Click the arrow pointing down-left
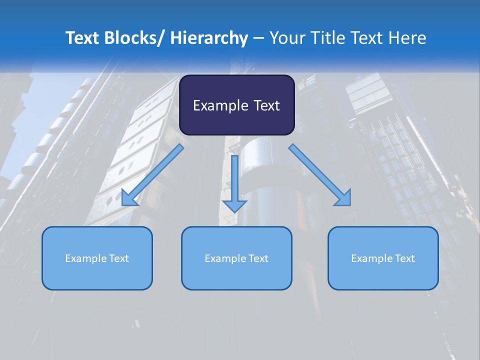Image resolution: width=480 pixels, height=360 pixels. point(153,175)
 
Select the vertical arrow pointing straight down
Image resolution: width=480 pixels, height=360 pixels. point(234,182)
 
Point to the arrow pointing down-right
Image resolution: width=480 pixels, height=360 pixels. point(320,175)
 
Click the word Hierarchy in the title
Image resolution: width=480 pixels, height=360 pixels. point(209,38)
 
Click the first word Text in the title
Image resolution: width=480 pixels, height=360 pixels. point(82,38)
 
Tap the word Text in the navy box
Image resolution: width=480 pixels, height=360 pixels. point(265,105)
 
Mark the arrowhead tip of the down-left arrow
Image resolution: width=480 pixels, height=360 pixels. point(122,205)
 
